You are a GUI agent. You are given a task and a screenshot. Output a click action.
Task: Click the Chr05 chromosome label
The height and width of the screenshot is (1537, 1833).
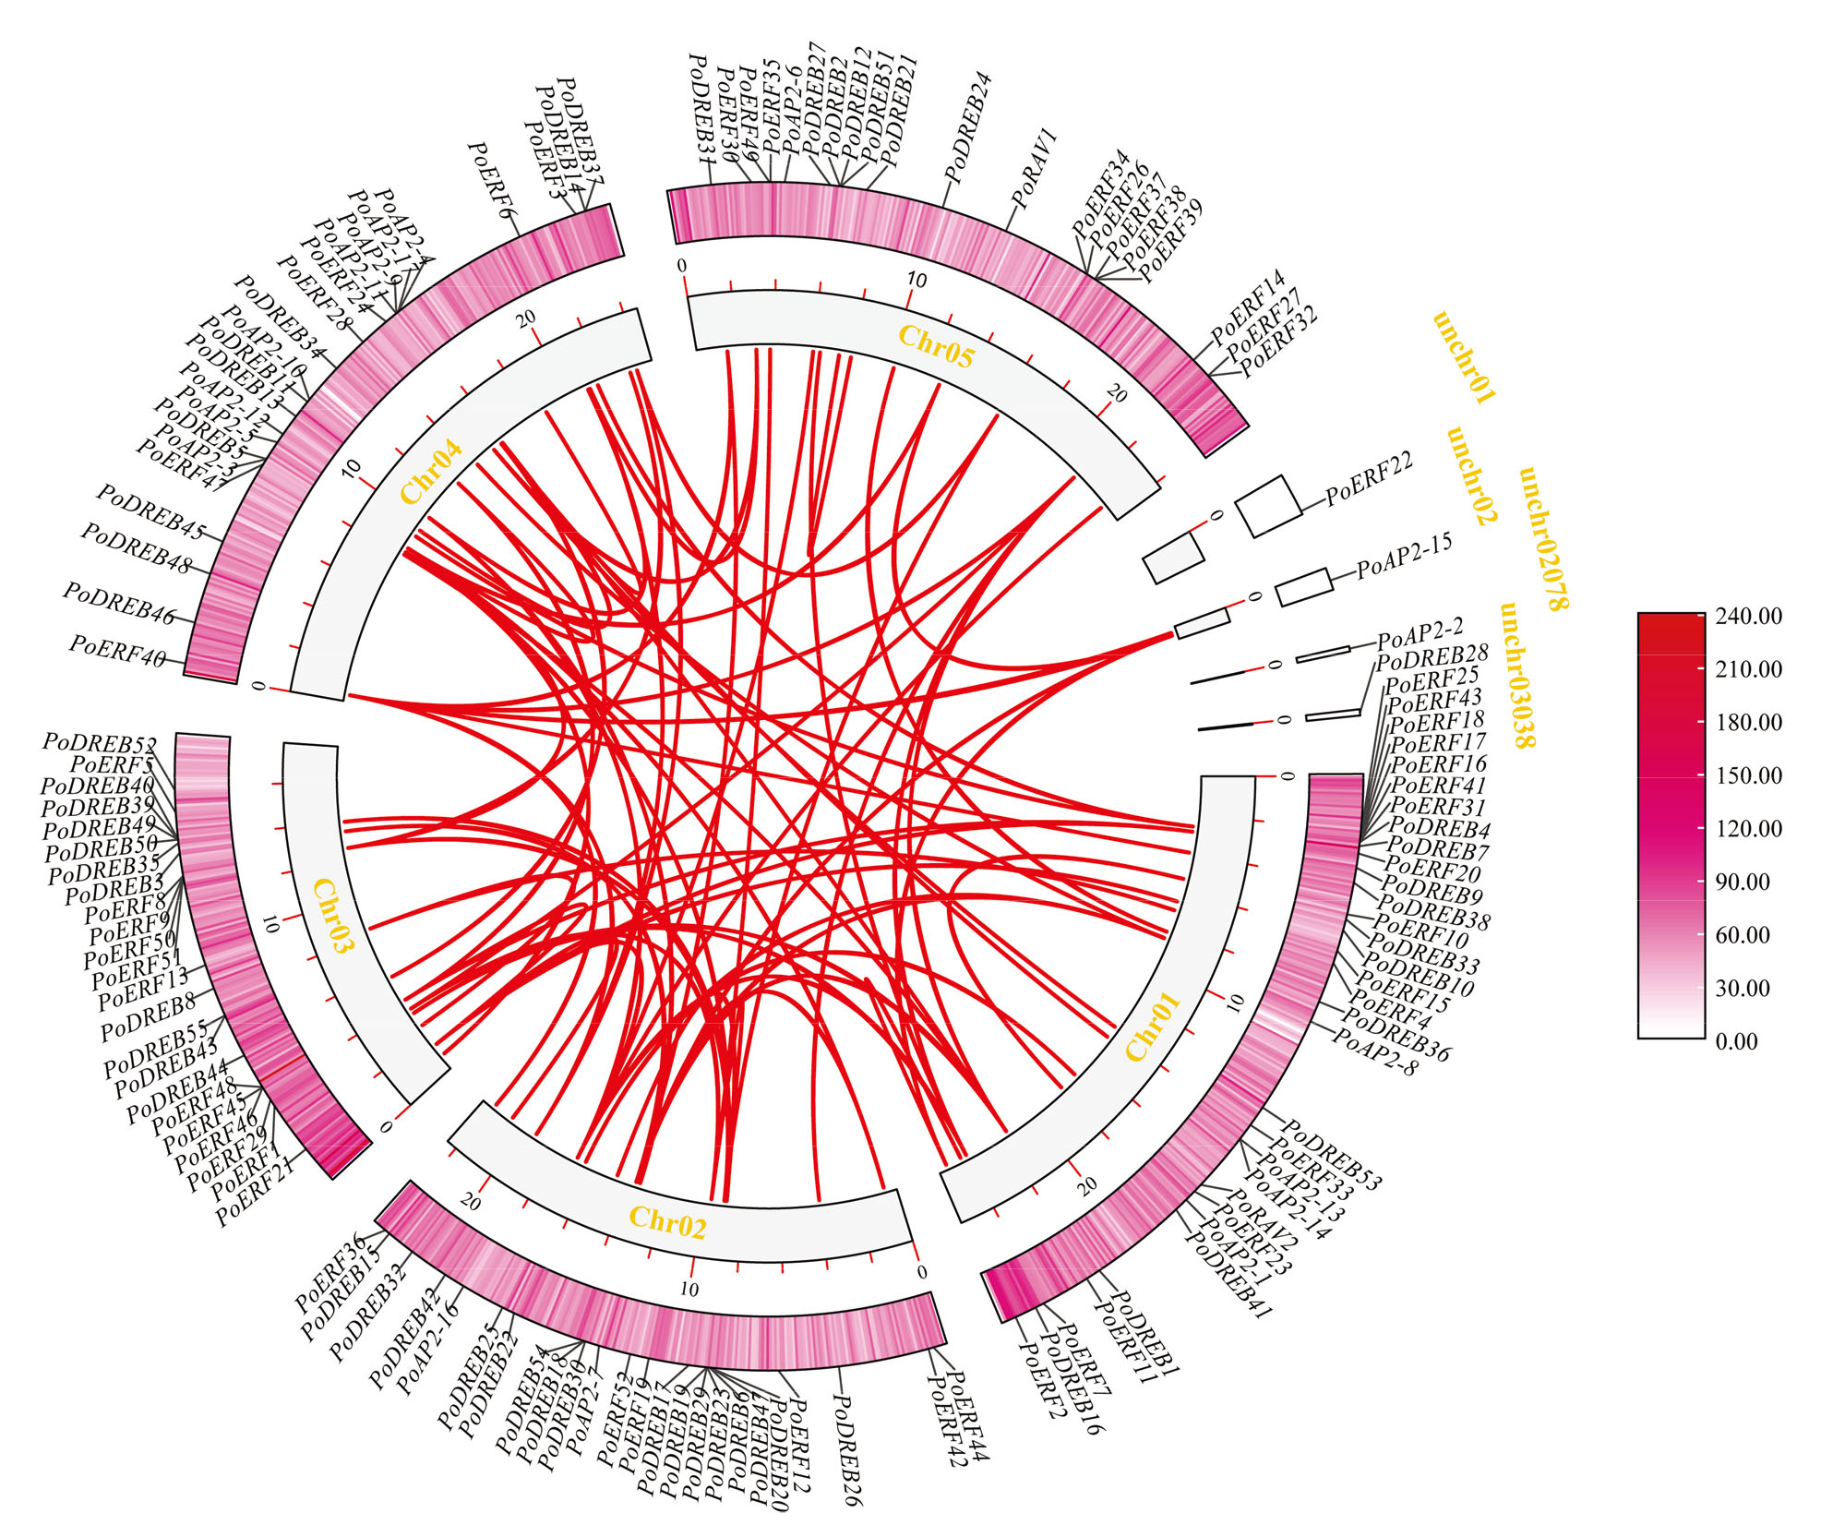click(x=936, y=347)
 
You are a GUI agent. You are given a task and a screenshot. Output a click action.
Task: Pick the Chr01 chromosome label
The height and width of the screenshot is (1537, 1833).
click(x=1152, y=1027)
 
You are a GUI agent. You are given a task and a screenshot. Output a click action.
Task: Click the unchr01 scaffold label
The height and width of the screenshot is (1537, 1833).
click(x=1464, y=358)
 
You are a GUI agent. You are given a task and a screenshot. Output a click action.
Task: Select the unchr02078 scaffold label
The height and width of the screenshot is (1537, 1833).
click(x=1543, y=538)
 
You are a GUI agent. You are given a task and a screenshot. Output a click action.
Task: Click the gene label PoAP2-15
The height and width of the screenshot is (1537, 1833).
click(x=1404, y=555)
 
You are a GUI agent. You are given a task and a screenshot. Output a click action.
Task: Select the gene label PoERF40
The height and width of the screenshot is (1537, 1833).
click(x=118, y=651)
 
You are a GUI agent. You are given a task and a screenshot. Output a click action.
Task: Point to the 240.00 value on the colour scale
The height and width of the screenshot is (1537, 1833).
click(x=1748, y=616)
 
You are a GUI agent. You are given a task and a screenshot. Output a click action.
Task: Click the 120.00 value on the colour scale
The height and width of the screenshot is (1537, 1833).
click(x=1748, y=828)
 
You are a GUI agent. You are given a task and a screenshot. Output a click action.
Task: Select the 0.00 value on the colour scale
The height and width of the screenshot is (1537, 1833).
click(x=1736, y=1041)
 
